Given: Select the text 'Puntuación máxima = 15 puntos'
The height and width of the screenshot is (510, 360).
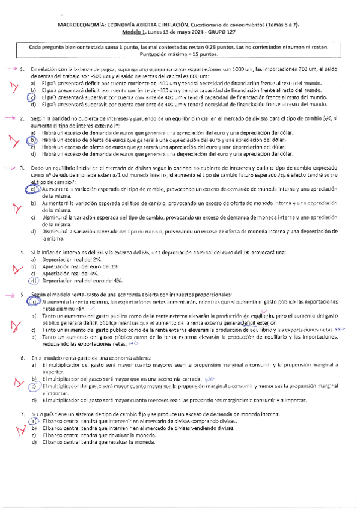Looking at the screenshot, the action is (180, 54).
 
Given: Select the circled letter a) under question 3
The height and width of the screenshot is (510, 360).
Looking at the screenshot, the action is (33, 172).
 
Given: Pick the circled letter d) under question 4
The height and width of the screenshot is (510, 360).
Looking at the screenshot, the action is (34, 280).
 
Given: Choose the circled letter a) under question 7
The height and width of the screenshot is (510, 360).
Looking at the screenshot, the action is (34, 422).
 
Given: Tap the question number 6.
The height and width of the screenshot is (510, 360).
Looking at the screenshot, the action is (22, 358).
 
